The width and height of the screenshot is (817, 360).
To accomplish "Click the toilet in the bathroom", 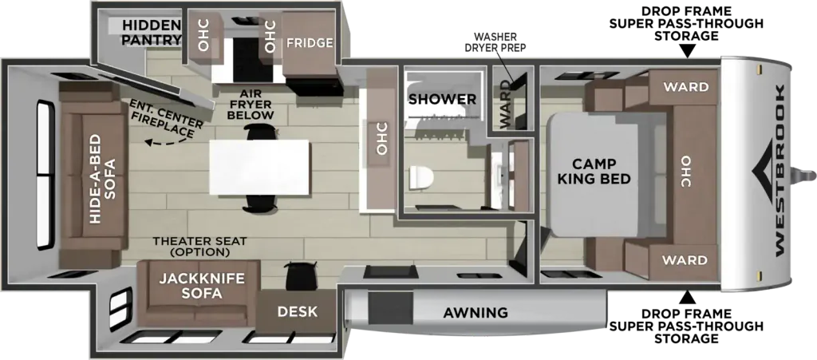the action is pos(421,179).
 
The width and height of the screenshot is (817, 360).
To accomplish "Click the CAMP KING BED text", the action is pos(594,171).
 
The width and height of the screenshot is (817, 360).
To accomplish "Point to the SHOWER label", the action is pos(442,99).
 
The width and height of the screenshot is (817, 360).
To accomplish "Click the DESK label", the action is pos(297,311).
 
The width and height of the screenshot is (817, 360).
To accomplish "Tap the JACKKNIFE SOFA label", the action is pos(202,286).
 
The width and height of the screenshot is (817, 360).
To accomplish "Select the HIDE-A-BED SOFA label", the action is pos(101,179).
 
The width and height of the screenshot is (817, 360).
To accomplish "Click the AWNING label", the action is pos(475,313).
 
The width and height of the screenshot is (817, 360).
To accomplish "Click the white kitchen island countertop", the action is pos(259,168).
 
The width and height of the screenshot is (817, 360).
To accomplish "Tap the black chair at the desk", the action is pos(301,275).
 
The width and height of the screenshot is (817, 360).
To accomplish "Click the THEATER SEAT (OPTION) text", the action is pos(199,247).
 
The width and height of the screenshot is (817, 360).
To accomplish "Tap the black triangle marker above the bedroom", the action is pos(688,51).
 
